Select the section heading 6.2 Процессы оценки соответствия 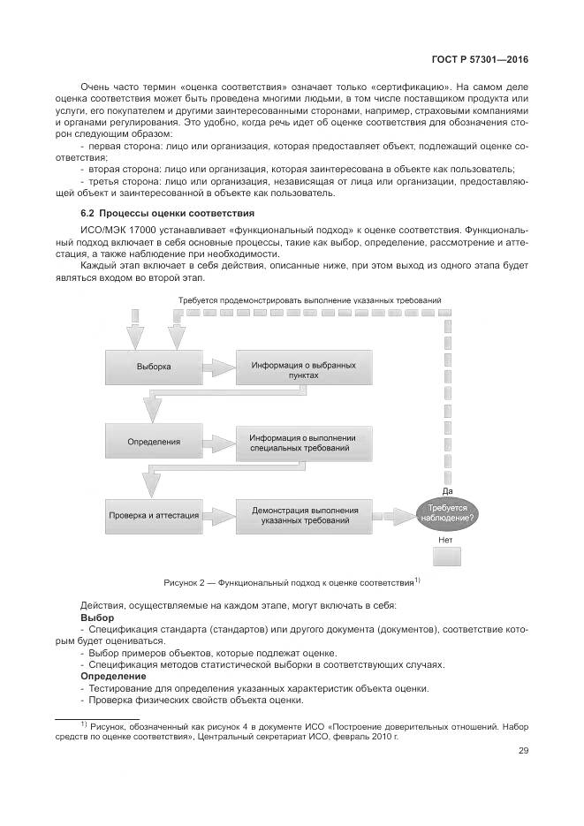tap(167, 213)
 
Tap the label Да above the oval tap(447, 490)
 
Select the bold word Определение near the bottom tap(113, 676)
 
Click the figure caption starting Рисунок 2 tap(291, 583)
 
